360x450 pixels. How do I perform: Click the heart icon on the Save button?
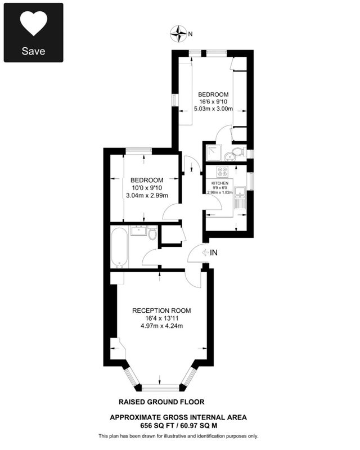pyautogui.click(x=33, y=23)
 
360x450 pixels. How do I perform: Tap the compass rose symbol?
pyautogui.click(x=178, y=34)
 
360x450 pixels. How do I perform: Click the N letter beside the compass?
pyautogui.click(x=190, y=34)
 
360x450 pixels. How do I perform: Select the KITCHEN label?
pyautogui.click(x=220, y=183)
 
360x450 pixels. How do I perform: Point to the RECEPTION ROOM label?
pyautogui.click(x=161, y=310)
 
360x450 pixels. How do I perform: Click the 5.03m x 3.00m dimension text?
pyautogui.click(x=213, y=109)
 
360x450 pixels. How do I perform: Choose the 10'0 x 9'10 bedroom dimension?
pyautogui.click(x=147, y=188)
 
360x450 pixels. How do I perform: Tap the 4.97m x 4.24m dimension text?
pyautogui.click(x=161, y=326)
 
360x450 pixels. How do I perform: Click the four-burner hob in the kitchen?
pyautogui.click(x=223, y=172)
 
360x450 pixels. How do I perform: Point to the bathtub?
pyautogui.click(x=119, y=247)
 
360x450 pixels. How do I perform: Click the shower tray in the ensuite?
pyautogui.click(x=214, y=152)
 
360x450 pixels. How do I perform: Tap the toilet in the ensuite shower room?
pyautogui.click(x=238, y=151)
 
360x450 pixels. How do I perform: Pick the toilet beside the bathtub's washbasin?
pyautogui.click(x=152, y=233)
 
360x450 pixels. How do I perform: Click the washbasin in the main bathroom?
pyautogui.click(x=139, y=231)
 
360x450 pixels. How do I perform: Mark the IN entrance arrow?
pyautogui.click(x=205, y=253)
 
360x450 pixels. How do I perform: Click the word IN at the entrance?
pyautogui.click(x=214, y=253)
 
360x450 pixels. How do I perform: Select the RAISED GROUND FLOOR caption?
pyautogui.click(x=161, y=402)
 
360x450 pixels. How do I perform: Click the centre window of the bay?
pyautogui.click(x=161, y=389)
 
